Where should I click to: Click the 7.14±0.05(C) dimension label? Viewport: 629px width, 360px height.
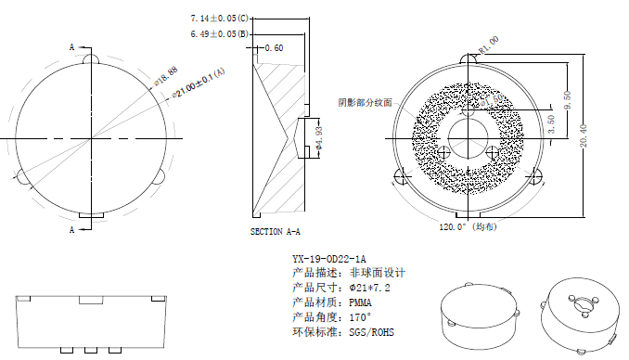tap(220, 18)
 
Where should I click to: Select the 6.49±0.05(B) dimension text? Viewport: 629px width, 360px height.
tap(220, 33)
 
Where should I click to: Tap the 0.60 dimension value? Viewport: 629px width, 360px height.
tap(275, 47)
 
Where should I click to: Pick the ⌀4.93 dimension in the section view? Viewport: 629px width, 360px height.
tap(320, 138)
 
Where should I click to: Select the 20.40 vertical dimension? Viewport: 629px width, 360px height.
tap(584, 135)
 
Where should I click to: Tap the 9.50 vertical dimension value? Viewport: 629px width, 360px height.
tap(567, 98)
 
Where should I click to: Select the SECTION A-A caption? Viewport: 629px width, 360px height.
tap(276, 232)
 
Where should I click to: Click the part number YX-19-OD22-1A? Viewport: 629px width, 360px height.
tap(328, 258)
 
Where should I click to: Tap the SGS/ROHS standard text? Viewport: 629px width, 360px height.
tap(374, 331)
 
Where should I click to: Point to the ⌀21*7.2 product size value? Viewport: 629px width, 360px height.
tap(369, 288)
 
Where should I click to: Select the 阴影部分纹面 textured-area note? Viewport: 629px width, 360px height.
tap(365, 102)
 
